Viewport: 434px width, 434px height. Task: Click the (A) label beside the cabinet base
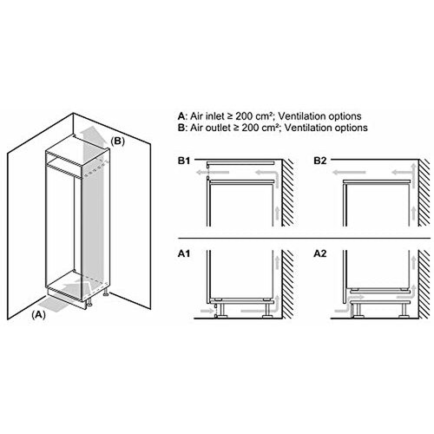click(37, 317)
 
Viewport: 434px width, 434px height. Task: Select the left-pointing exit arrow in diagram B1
click(201, 174)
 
